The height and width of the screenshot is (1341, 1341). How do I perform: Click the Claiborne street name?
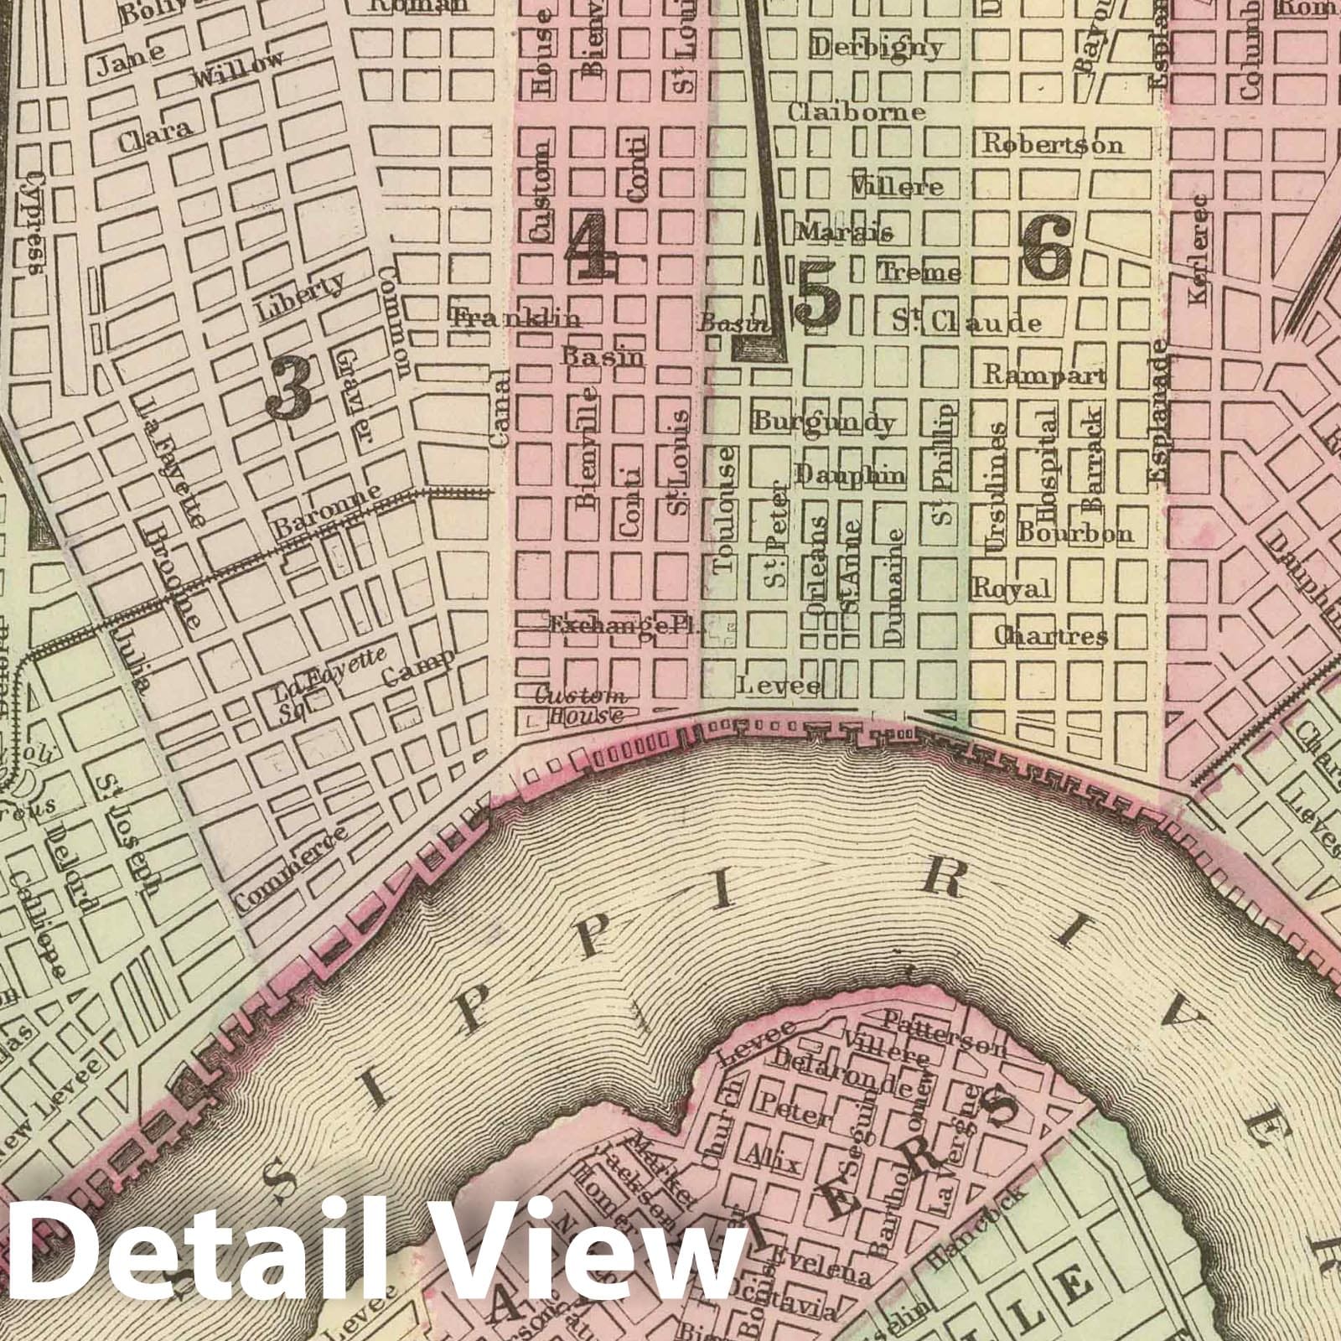pyautogui.click(x=856, y=112)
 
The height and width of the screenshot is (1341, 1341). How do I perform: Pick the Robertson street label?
pyautogui.click(x=1052, y=144)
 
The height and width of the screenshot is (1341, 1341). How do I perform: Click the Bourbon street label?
pyautogui.click(x=1075, y=532)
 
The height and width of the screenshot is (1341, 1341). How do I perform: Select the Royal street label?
pyautogui.click(x=1011, y=588)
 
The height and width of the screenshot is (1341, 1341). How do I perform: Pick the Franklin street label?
pyautogui.click(x=515, y=318)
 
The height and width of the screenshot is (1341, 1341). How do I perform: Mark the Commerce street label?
pyautogui.click(x=290, y=867)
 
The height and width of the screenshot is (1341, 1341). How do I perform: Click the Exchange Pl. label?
pyautogui.click(x=624, y=625)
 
